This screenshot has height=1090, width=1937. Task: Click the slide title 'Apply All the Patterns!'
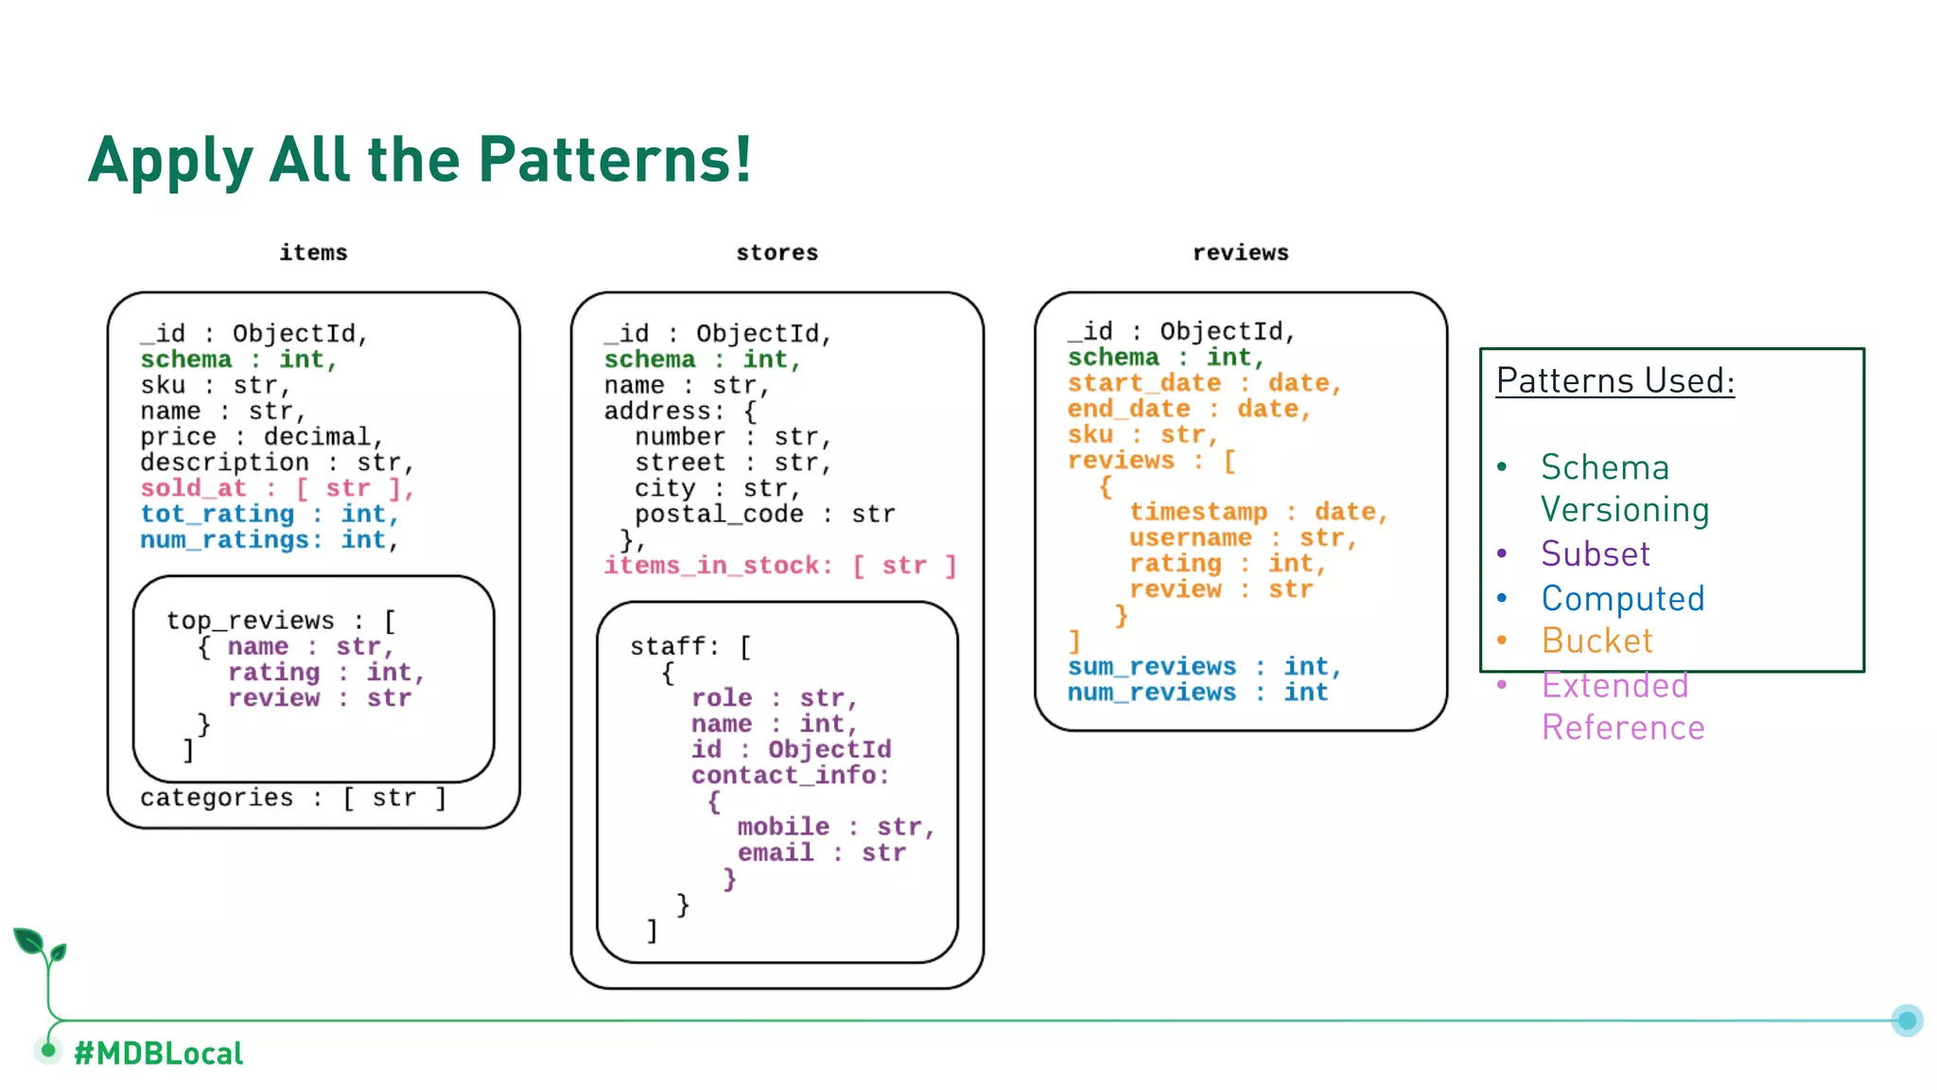coord(420,160)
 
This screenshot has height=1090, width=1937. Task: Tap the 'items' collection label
coord(313,253)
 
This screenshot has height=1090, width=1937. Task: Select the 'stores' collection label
coord(777,253)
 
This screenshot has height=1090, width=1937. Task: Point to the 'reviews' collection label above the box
coord(1240,253)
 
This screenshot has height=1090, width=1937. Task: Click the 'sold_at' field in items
coord(194,488)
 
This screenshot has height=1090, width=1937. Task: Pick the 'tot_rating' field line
coord(218,514)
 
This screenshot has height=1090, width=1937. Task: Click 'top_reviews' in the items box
coord(251,621)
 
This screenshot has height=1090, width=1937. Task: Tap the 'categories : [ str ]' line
coord(292,798)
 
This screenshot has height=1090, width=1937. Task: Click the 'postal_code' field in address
coord(718,514)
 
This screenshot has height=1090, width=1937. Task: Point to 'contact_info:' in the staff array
coord(790,775)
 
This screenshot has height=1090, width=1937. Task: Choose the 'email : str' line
coord(821,853)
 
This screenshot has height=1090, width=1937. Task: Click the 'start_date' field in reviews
coord(1143,383)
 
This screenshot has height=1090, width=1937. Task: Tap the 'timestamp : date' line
coord(1257,512)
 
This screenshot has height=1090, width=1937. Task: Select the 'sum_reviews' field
coord(1151,666)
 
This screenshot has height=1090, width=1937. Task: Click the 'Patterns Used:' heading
coord(1614,380)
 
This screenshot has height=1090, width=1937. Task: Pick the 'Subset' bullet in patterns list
coord(1595,554)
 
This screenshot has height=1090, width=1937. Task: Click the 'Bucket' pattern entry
coord(1597,641)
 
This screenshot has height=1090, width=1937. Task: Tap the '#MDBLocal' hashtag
coord(158,1053)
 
